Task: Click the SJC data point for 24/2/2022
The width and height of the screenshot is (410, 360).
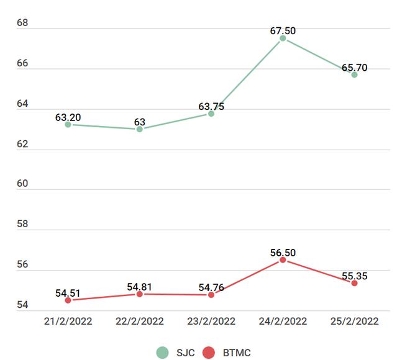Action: coord(283,38)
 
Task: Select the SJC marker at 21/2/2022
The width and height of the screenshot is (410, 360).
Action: coord(68,124)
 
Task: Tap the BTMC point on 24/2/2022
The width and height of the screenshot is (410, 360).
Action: coord(283,260)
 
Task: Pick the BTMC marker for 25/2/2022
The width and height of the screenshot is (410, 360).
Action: coord(354,283)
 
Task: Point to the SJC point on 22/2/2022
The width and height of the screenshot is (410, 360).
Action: coord(139,129)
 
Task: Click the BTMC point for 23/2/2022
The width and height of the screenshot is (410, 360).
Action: coord(211,295)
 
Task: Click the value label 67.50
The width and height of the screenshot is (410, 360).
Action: coord(283,28)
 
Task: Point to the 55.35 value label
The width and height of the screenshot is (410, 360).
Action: coord(354,273)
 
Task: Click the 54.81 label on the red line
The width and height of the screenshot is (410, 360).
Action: coord(139,287)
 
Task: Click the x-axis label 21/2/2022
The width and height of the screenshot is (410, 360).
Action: coord(68,321)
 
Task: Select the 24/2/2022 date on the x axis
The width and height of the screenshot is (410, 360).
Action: coord(283,321)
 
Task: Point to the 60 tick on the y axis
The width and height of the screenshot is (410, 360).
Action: coord(22,185)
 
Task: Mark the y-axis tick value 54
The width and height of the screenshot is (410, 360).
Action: coord(22,305)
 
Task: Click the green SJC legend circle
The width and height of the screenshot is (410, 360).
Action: coord(163,353)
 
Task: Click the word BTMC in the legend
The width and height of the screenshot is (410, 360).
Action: coord(237,353)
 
